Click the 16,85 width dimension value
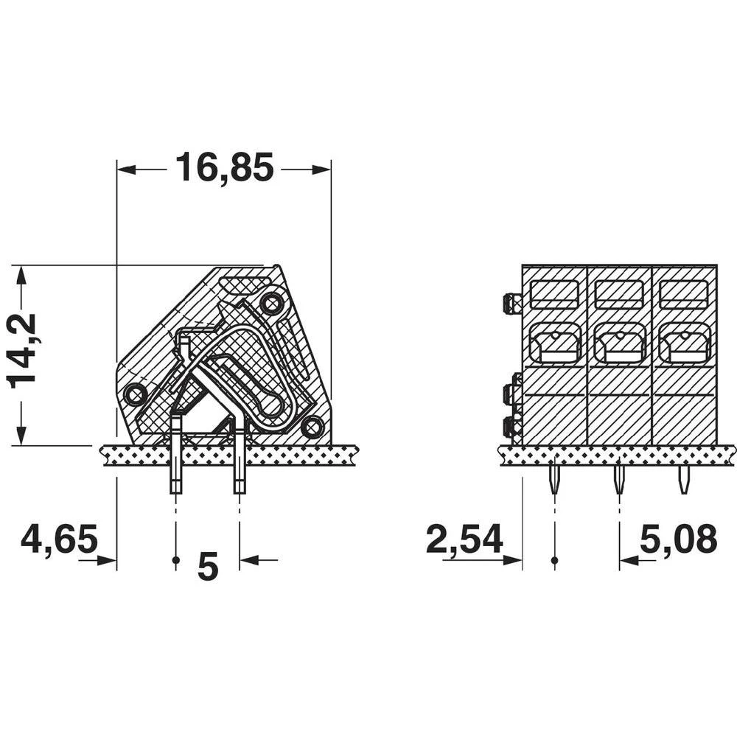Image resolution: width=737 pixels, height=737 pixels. pyautogui.click(x=224, y=169)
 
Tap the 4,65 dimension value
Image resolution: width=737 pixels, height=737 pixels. pyautogui.click(x=59, y=540)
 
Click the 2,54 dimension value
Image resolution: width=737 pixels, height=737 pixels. pyautogui.click(x=464, y=540)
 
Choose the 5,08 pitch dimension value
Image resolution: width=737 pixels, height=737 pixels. pyautogui.click(x=678, y=540)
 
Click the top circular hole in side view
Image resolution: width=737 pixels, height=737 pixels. pyautogui.click(x=272, y=302)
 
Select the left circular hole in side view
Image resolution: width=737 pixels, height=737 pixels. pyautogui.click(x=135, y=394)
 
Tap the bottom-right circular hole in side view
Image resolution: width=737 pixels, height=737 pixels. pyautogui.click(x=312, y=426)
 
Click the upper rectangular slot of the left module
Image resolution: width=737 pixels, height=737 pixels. pyautogui.click(x=554, y=294)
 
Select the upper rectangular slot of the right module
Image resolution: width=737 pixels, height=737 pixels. pyautogui.click(x=684, y=294)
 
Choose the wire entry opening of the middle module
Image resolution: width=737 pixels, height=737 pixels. pyautogui.click(x=619, y=344)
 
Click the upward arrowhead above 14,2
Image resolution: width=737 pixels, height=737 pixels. pyautogui.click(x=22, y=275)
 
